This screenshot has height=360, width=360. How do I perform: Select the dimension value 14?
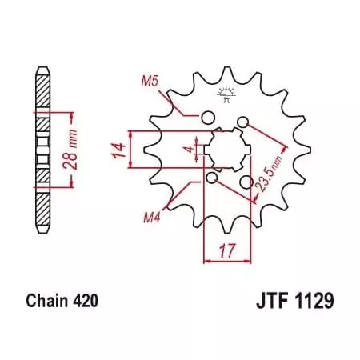[x=118, y=148]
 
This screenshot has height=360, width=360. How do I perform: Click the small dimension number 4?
[x=187, y=149]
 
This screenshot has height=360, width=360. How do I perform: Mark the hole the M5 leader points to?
[x=207, y=119]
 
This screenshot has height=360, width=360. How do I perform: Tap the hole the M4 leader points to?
[x=211, y=177]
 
